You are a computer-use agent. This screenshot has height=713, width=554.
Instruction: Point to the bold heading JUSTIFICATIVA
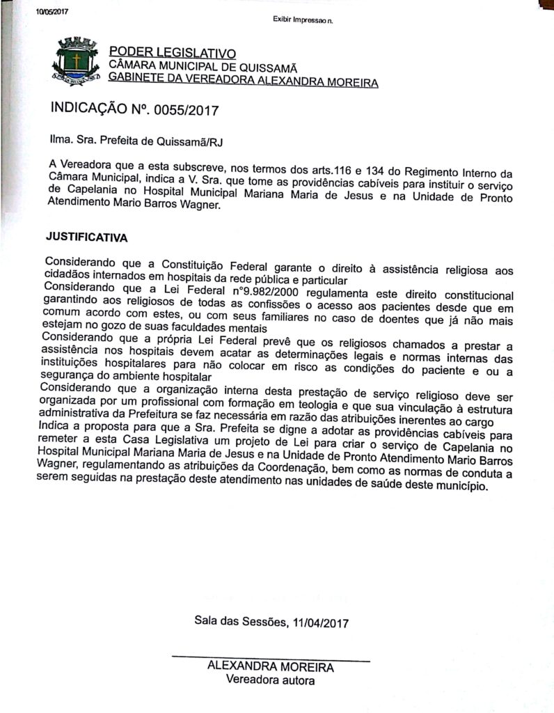pos(88,237)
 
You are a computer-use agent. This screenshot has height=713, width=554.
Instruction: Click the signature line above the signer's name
pos(271,657)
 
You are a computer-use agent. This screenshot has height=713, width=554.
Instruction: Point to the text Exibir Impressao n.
pos(303,19)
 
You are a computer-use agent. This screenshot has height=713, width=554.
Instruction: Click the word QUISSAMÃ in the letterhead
pos(267,68)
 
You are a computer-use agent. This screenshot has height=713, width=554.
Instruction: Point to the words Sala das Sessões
pos(240,622)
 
